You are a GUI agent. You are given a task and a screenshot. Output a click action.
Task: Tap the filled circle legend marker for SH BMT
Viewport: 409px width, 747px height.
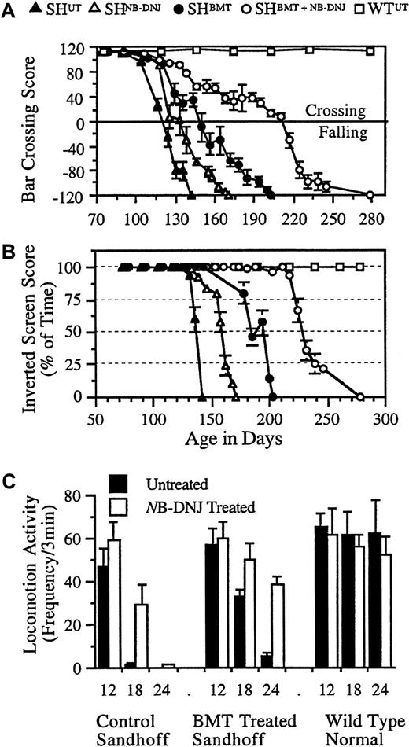point(167,9)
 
